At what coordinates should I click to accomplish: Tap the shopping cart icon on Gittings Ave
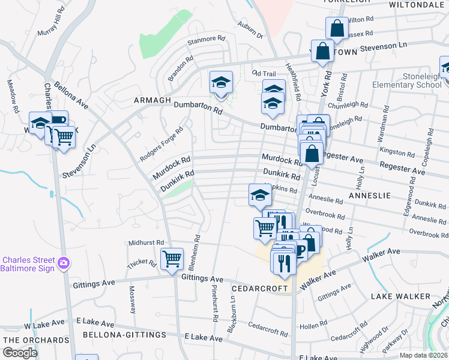tap(172, 259)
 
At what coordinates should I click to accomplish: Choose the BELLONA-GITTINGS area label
tap(124, 334)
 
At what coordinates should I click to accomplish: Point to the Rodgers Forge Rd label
tap(161, 144)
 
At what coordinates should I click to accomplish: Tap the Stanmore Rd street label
tap(205, 41)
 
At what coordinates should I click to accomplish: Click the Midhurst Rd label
tap(146, 242)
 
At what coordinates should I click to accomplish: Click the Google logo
tap(20, 353)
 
